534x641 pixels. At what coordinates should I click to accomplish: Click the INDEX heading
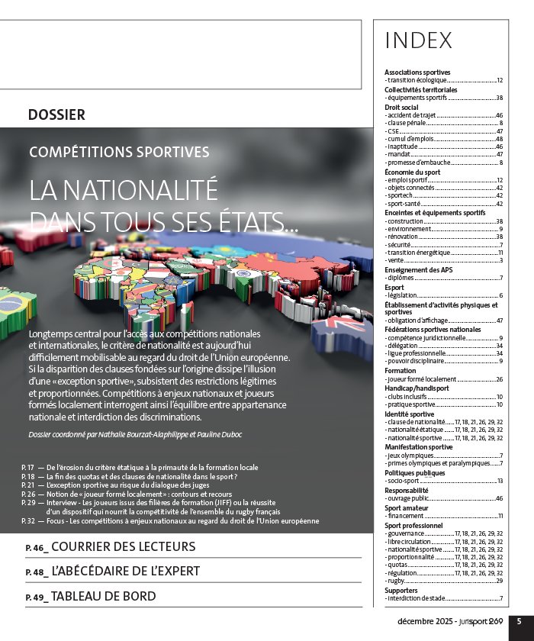(418, 40)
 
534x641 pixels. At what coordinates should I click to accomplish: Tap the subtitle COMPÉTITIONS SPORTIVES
(119, 151)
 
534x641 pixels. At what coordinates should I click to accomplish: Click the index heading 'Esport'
(394, 287)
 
